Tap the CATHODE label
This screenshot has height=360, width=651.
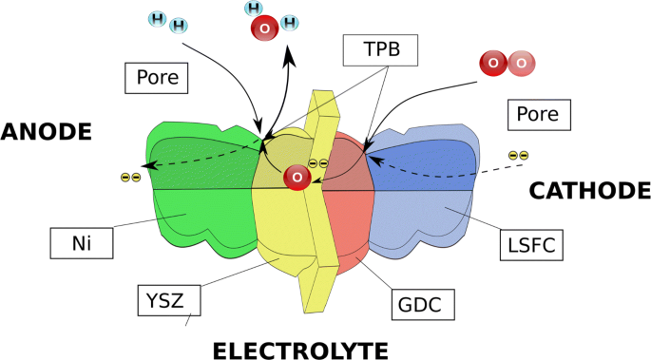[588, 191]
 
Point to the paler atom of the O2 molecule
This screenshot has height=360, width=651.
[521, 64]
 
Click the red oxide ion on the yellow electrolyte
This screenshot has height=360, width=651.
[298, 178]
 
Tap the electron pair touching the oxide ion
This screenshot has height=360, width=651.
[318, 163]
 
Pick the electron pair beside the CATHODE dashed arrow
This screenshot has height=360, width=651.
[518, 156]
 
